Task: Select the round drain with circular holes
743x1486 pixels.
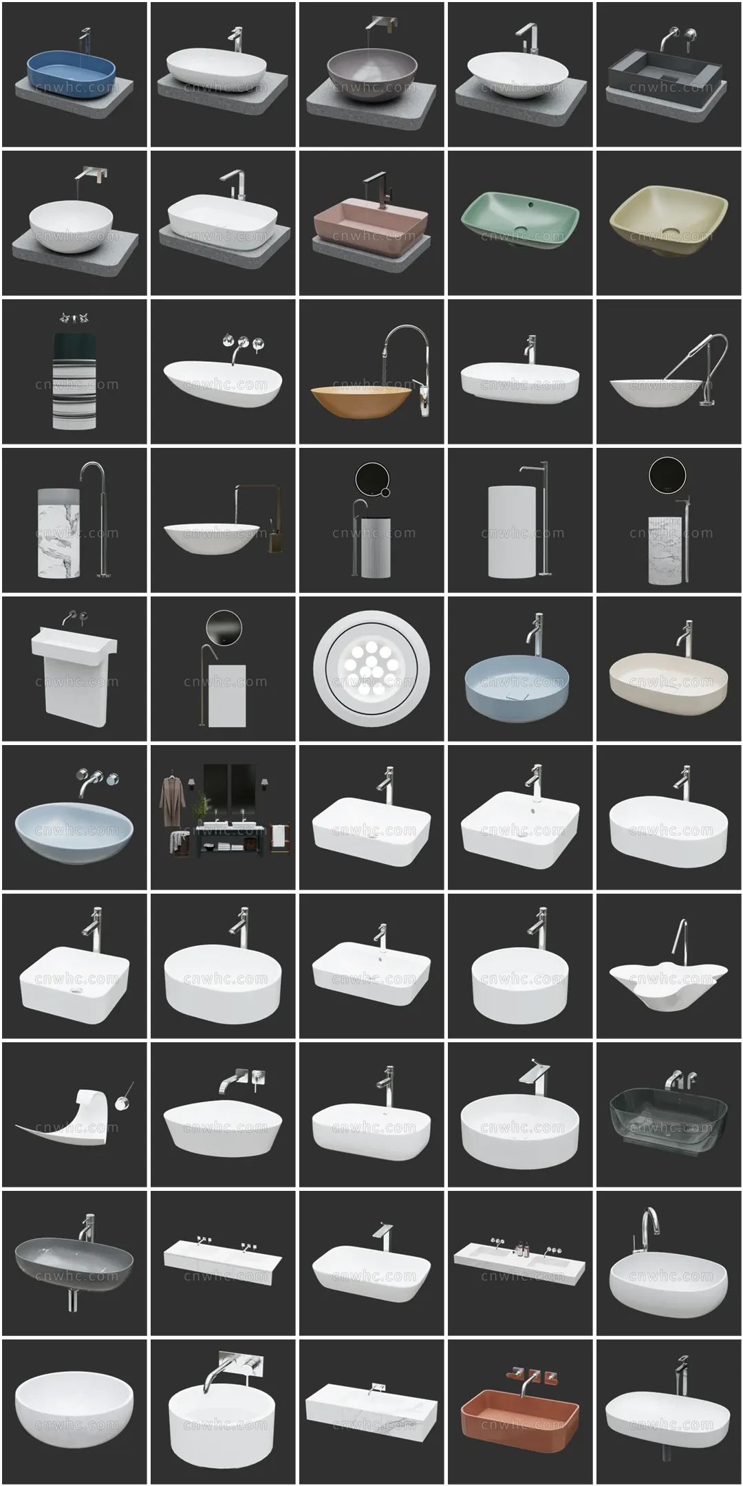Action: click(x=371, y=667)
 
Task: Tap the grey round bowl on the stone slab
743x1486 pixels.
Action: click(x=371, y=74)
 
